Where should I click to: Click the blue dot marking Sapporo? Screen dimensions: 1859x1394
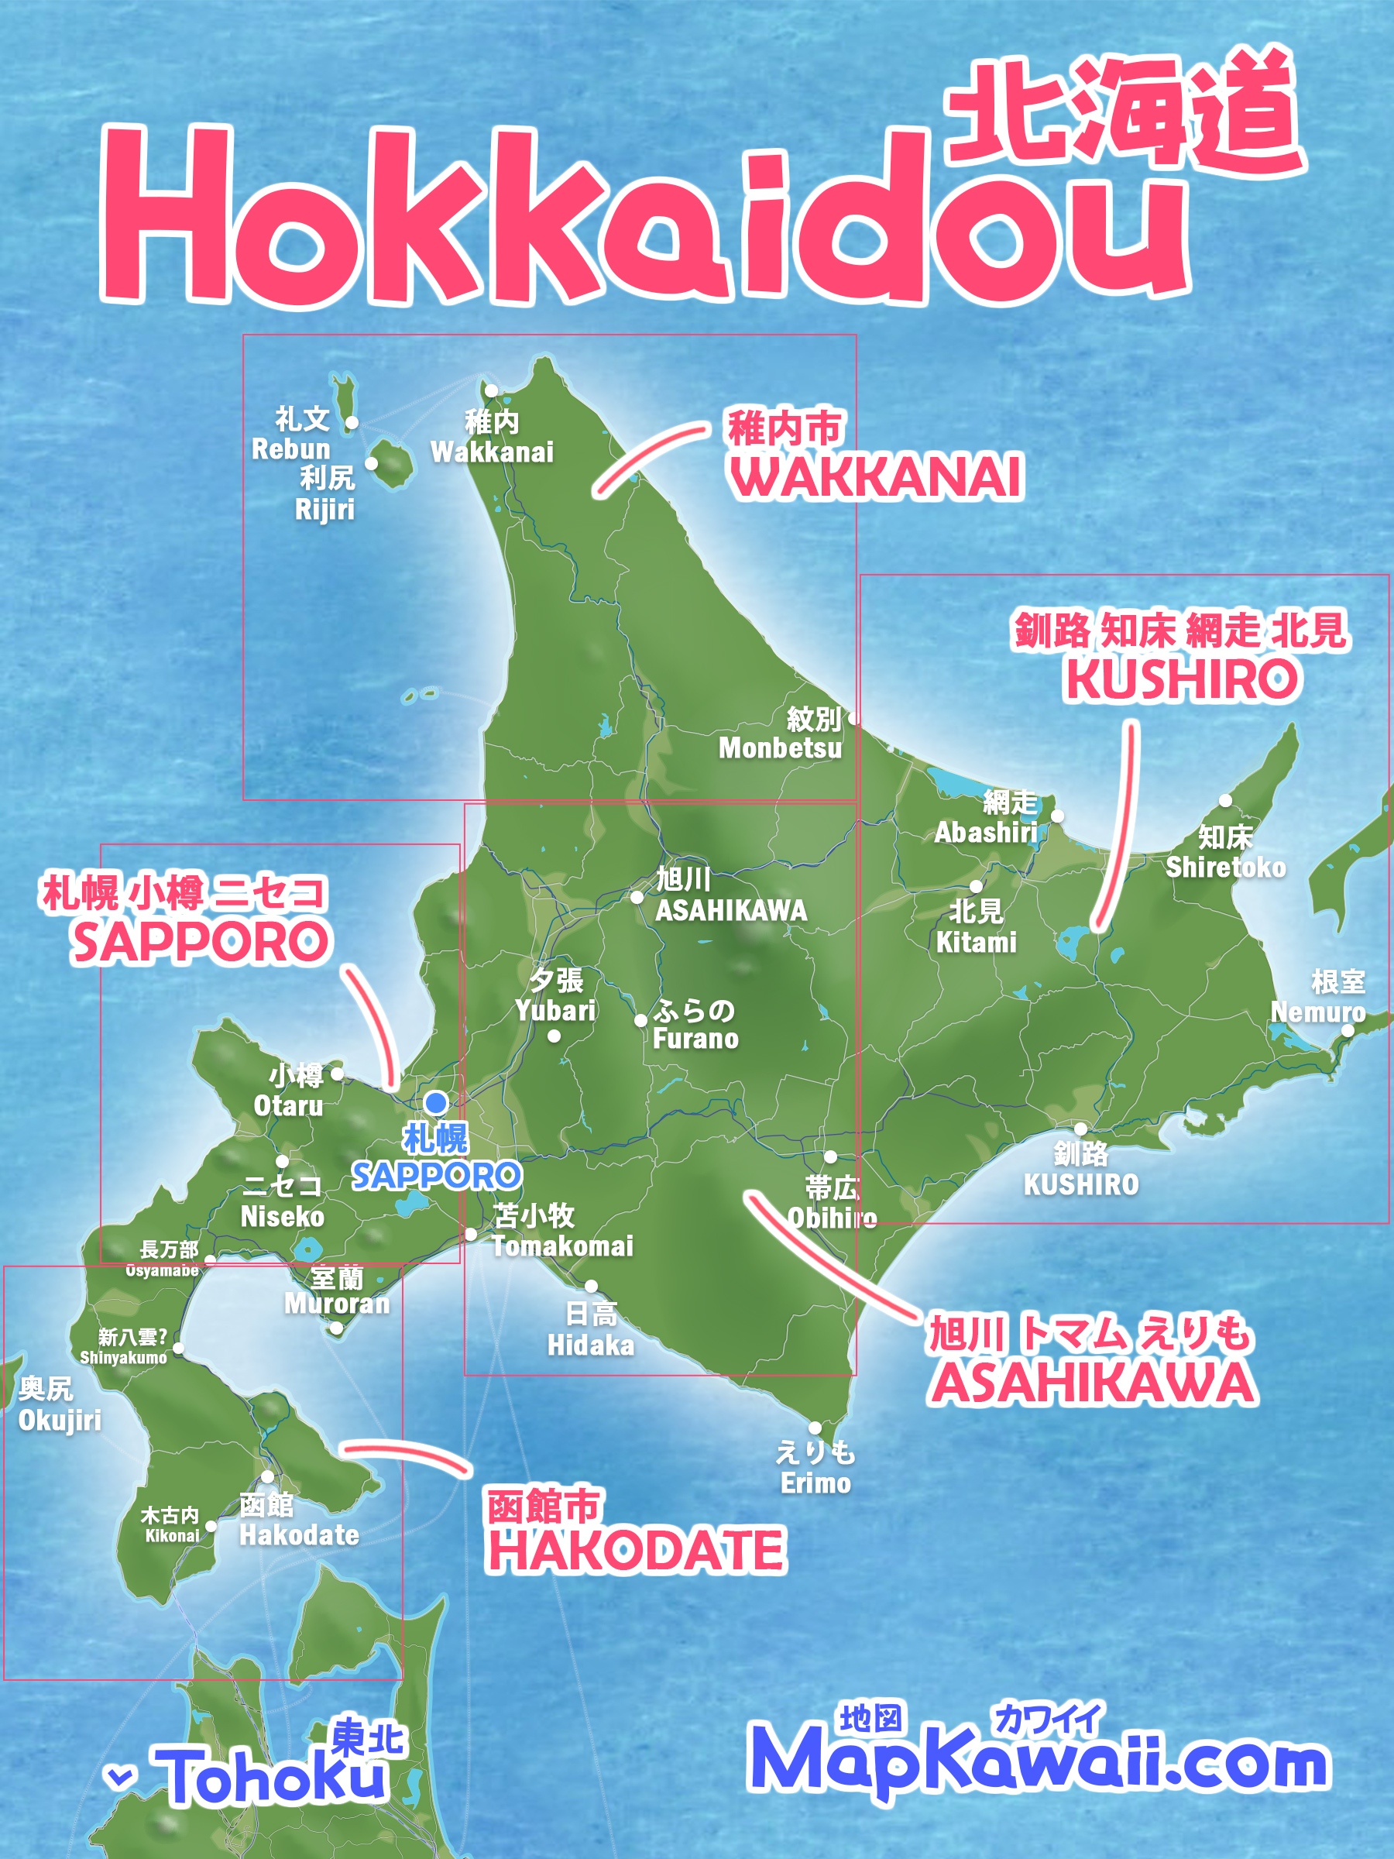[x=436, y=1101]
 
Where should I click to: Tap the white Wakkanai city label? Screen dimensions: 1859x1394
[x=493, y=437]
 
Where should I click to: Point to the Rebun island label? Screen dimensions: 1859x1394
[x=291, y=434]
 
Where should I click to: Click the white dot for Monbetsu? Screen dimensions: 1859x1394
[x=854, y=718]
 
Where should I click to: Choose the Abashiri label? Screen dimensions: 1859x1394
[x=987, y=818]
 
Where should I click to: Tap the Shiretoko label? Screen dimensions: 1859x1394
[x=1225, y=852]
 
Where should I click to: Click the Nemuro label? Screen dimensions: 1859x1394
[x=1317, y=997]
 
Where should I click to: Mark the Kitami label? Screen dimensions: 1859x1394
[x=977, y=927]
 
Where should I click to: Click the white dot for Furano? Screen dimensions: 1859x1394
[x=640, y=1020]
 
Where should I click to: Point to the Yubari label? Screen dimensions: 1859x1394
[x=555, y=995]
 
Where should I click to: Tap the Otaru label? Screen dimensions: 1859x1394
[x=289, y=1090]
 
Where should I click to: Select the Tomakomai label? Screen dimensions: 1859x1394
[x=561, y=1230]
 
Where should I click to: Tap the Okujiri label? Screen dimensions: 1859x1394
[x=59, y=1404]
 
